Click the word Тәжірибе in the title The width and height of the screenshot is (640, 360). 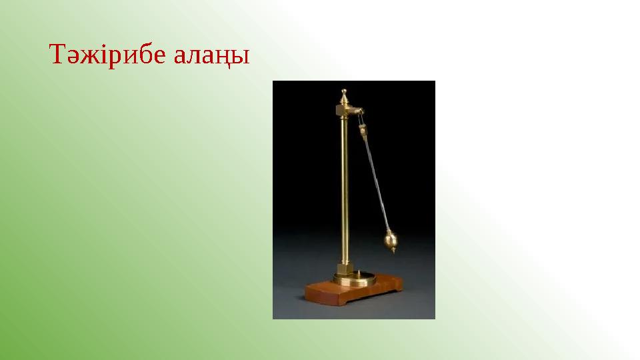(107, 55)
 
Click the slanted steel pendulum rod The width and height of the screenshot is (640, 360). (376, 180)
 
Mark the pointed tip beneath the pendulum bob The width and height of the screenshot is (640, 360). (393, 251)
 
